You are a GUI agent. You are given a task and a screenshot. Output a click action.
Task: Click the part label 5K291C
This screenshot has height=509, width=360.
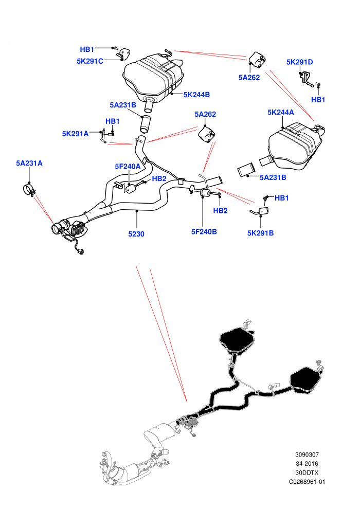pos(90,61)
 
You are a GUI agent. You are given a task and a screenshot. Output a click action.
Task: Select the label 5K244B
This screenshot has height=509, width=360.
pos(197,95)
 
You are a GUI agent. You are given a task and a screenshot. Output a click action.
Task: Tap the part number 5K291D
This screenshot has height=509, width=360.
pos(300,62)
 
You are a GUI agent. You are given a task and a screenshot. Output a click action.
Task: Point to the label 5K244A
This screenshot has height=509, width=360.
pos(281,112)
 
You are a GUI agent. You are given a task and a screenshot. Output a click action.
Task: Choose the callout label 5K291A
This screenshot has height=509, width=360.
pos(75,134)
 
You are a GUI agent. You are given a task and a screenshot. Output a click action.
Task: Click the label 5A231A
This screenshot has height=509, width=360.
pos(29,163)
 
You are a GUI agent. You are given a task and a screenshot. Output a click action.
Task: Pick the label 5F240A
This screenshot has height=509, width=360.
pos(128,167)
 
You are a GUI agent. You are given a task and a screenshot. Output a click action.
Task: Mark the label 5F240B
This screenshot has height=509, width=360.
pos(204,231)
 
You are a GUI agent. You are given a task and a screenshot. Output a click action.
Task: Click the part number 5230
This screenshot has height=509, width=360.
pos(136,234)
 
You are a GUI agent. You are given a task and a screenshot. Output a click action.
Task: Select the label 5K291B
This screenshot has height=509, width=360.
pos(260,233)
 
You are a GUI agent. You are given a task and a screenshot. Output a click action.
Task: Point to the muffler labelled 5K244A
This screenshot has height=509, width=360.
pos(295,146)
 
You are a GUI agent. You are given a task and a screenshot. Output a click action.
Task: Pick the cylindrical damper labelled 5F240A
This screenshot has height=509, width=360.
pos(131,188)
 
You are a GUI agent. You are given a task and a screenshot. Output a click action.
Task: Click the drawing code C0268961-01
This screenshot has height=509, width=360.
pos(307,482)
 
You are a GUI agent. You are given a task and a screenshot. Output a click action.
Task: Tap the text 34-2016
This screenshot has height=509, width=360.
pos(307,464)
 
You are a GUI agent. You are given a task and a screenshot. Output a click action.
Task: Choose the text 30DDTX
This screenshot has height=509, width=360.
pos(307,472)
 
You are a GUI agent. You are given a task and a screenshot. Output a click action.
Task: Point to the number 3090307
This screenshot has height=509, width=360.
pos(307,455)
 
